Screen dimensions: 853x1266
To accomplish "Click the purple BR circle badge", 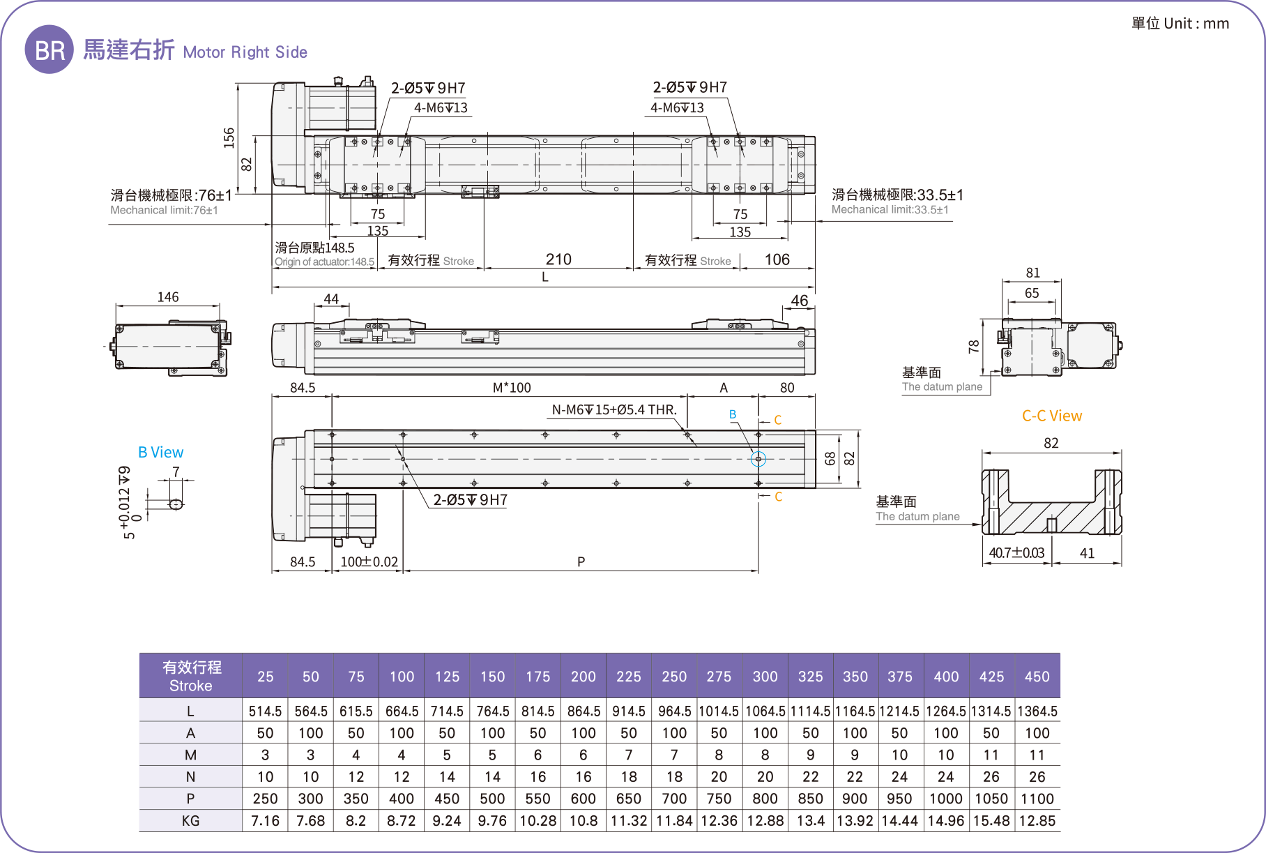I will [49, 50].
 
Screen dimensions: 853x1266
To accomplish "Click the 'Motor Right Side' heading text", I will [245, 52].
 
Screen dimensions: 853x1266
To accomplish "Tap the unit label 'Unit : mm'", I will [1196, 24].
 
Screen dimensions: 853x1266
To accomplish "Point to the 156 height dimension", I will [229, 137].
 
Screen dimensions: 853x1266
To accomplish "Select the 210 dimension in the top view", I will [558, 259].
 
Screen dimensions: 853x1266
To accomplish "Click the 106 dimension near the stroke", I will [777, 259].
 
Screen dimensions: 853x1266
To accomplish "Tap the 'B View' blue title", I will [160, 452].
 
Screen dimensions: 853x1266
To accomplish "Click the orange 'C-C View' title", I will [1051, 416].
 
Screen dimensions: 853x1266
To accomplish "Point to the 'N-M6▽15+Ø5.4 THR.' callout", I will [614, 410].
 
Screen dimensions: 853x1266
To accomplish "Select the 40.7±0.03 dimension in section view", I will [1016, 553].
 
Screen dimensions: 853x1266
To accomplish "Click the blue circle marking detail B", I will [758, 459].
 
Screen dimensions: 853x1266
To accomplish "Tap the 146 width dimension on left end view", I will [167, 297].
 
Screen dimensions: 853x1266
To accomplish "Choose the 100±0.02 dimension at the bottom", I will [369, 561].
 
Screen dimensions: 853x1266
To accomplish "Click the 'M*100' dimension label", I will [512, 388].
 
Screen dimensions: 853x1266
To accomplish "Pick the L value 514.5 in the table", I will [265, 711].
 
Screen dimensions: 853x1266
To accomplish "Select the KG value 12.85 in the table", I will [1037, 821].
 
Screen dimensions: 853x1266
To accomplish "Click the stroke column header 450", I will [1037, 677].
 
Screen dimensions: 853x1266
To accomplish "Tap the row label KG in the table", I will [190, 821].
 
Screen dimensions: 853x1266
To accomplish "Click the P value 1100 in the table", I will [1037, 799].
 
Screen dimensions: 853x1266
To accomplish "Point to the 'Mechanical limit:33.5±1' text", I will [890, 209].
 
